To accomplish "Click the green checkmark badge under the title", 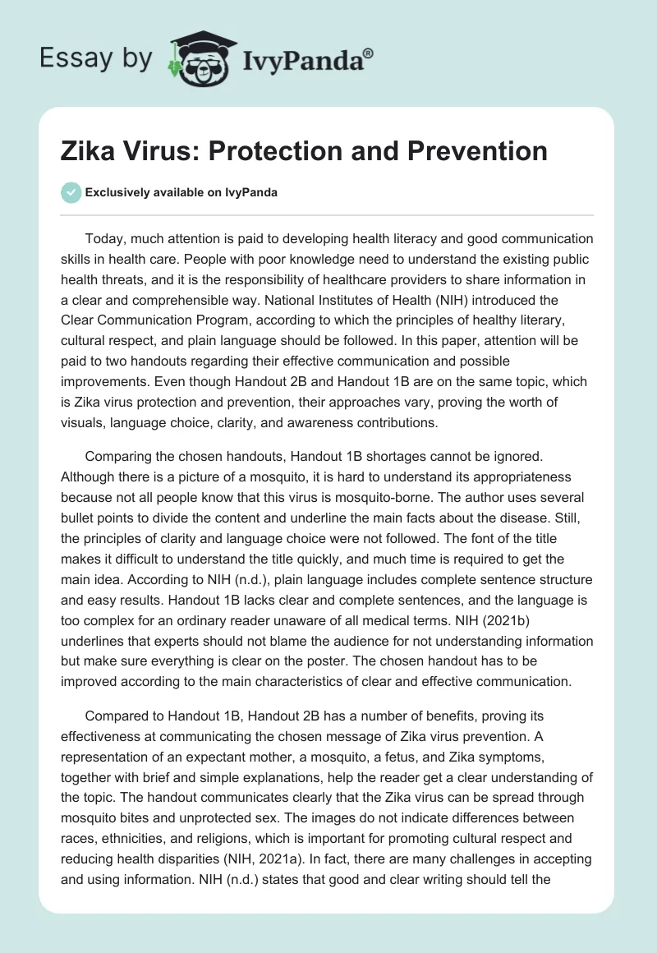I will [x=71, y=192].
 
